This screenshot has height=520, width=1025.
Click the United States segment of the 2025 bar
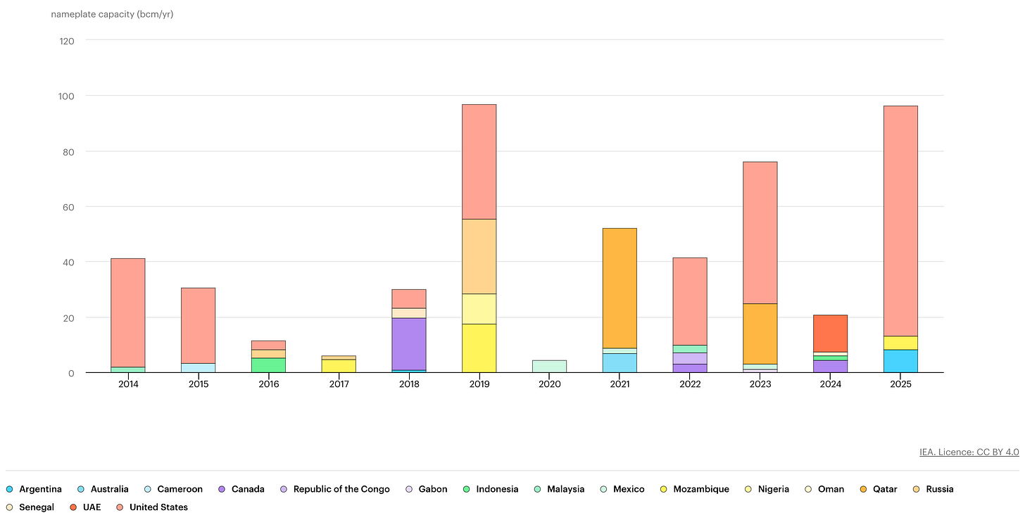pos(900,220)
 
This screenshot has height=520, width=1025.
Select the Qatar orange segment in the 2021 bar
pos(620,288)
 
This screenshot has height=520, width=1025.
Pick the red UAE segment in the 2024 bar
pos(830,333)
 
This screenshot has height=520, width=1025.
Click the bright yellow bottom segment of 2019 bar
pos(479,348)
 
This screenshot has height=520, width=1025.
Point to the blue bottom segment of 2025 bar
pos(900,361)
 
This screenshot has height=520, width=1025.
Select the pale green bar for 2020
pos(549,366)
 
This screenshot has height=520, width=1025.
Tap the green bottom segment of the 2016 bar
pos(268,365)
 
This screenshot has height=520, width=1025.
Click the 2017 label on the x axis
pos(339,384)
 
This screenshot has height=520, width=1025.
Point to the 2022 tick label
pos(690,384)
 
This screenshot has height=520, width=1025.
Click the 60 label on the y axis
pos(70,207)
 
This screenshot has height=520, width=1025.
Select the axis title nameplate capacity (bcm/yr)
pos(112,14)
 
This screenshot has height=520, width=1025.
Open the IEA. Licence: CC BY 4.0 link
pos(969,452)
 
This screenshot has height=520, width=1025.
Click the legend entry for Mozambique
pos(700,489)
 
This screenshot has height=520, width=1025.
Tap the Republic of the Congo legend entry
pos(341,489)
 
